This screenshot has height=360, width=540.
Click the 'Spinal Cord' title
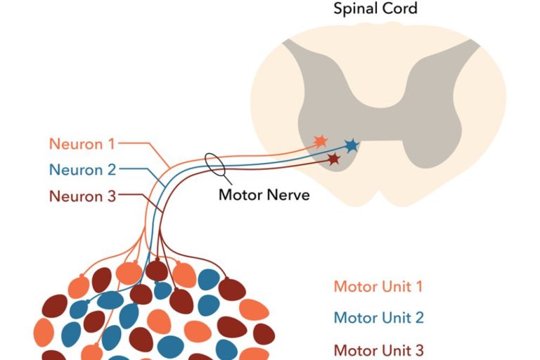(x=375, y=8)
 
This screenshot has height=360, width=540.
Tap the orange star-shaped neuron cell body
(x=321, y=141)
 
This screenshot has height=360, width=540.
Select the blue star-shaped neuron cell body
(x=352, y=146)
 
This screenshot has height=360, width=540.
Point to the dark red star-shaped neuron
(x=334, y=159)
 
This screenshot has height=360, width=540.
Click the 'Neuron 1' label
(x=82, y=143)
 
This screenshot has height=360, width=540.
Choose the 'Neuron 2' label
(x=83, y=170)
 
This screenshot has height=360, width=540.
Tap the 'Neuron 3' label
(x=83, y=196)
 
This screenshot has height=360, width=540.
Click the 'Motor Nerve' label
(x=264, y=195)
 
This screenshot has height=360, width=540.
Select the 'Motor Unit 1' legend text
(x=378, y=286)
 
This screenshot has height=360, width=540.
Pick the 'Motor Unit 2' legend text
(x=379, y=317)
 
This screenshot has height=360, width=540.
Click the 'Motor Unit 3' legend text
(x=379, y=350)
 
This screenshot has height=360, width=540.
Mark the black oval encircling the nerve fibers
(x=214, y=164)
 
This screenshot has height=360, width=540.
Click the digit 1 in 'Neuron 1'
(x=111, y=143)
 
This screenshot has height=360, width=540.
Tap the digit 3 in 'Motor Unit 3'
(x=419, y=350)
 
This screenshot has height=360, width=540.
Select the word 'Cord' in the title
(x=400, y=8)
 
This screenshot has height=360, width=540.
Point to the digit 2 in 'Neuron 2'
(x=112, y=170)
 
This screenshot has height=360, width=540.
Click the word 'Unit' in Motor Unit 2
(x=396, y=317)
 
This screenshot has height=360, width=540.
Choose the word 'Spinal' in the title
(x=356, y=8)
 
